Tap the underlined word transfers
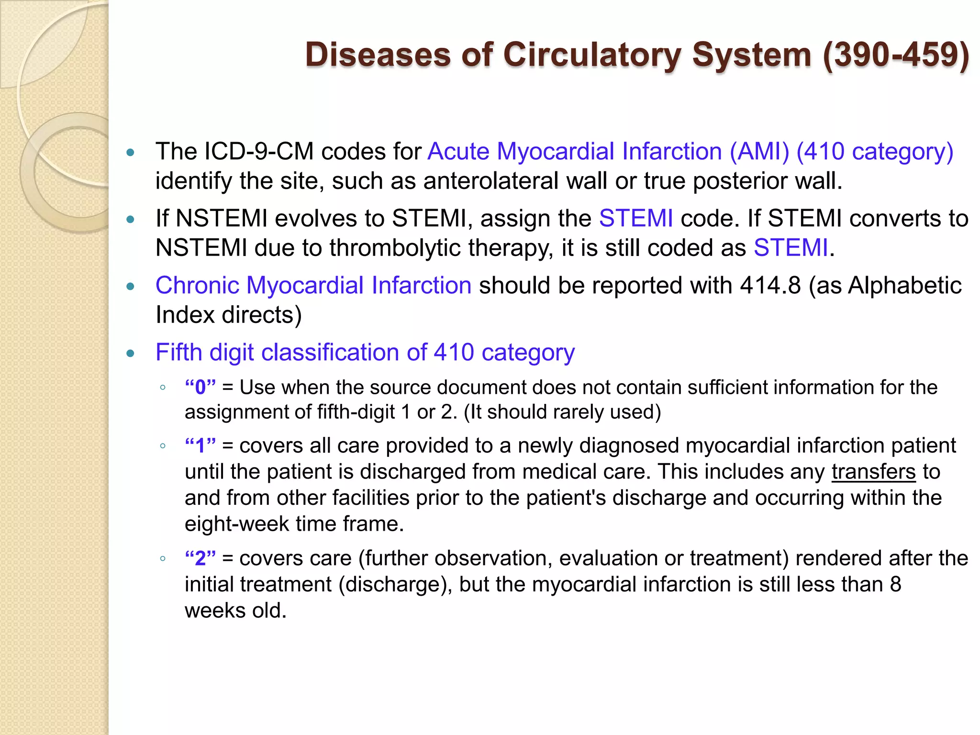pos(873,472)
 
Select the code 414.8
pos(770,286)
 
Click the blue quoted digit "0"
pos(200,387)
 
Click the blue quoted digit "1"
pos(200,446)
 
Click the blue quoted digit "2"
pos(200,558)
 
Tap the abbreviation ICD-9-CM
pos(259,152)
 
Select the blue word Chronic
pos(197,286)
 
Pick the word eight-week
pos(236,524)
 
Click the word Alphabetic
pos(904,286)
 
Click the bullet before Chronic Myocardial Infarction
pos(131,287)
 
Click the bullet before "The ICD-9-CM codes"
pos(131,153)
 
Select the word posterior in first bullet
pos(740,181)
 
